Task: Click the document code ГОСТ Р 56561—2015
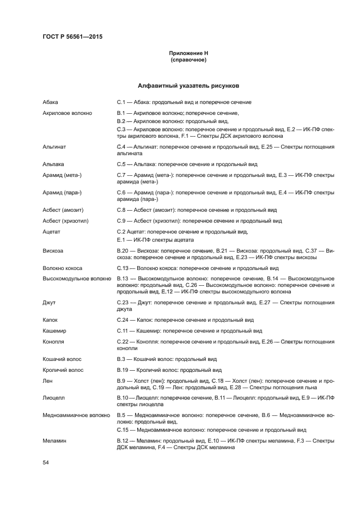72,37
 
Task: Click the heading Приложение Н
188,53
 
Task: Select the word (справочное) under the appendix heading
188,60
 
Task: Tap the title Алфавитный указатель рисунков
188,86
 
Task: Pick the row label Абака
50,102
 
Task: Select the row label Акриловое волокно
67,113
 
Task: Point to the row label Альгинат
54,147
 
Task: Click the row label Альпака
53,164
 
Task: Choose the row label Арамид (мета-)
62,175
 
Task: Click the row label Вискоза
53,250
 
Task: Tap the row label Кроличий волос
63,370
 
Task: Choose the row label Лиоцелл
54,398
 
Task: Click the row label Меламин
54,440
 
